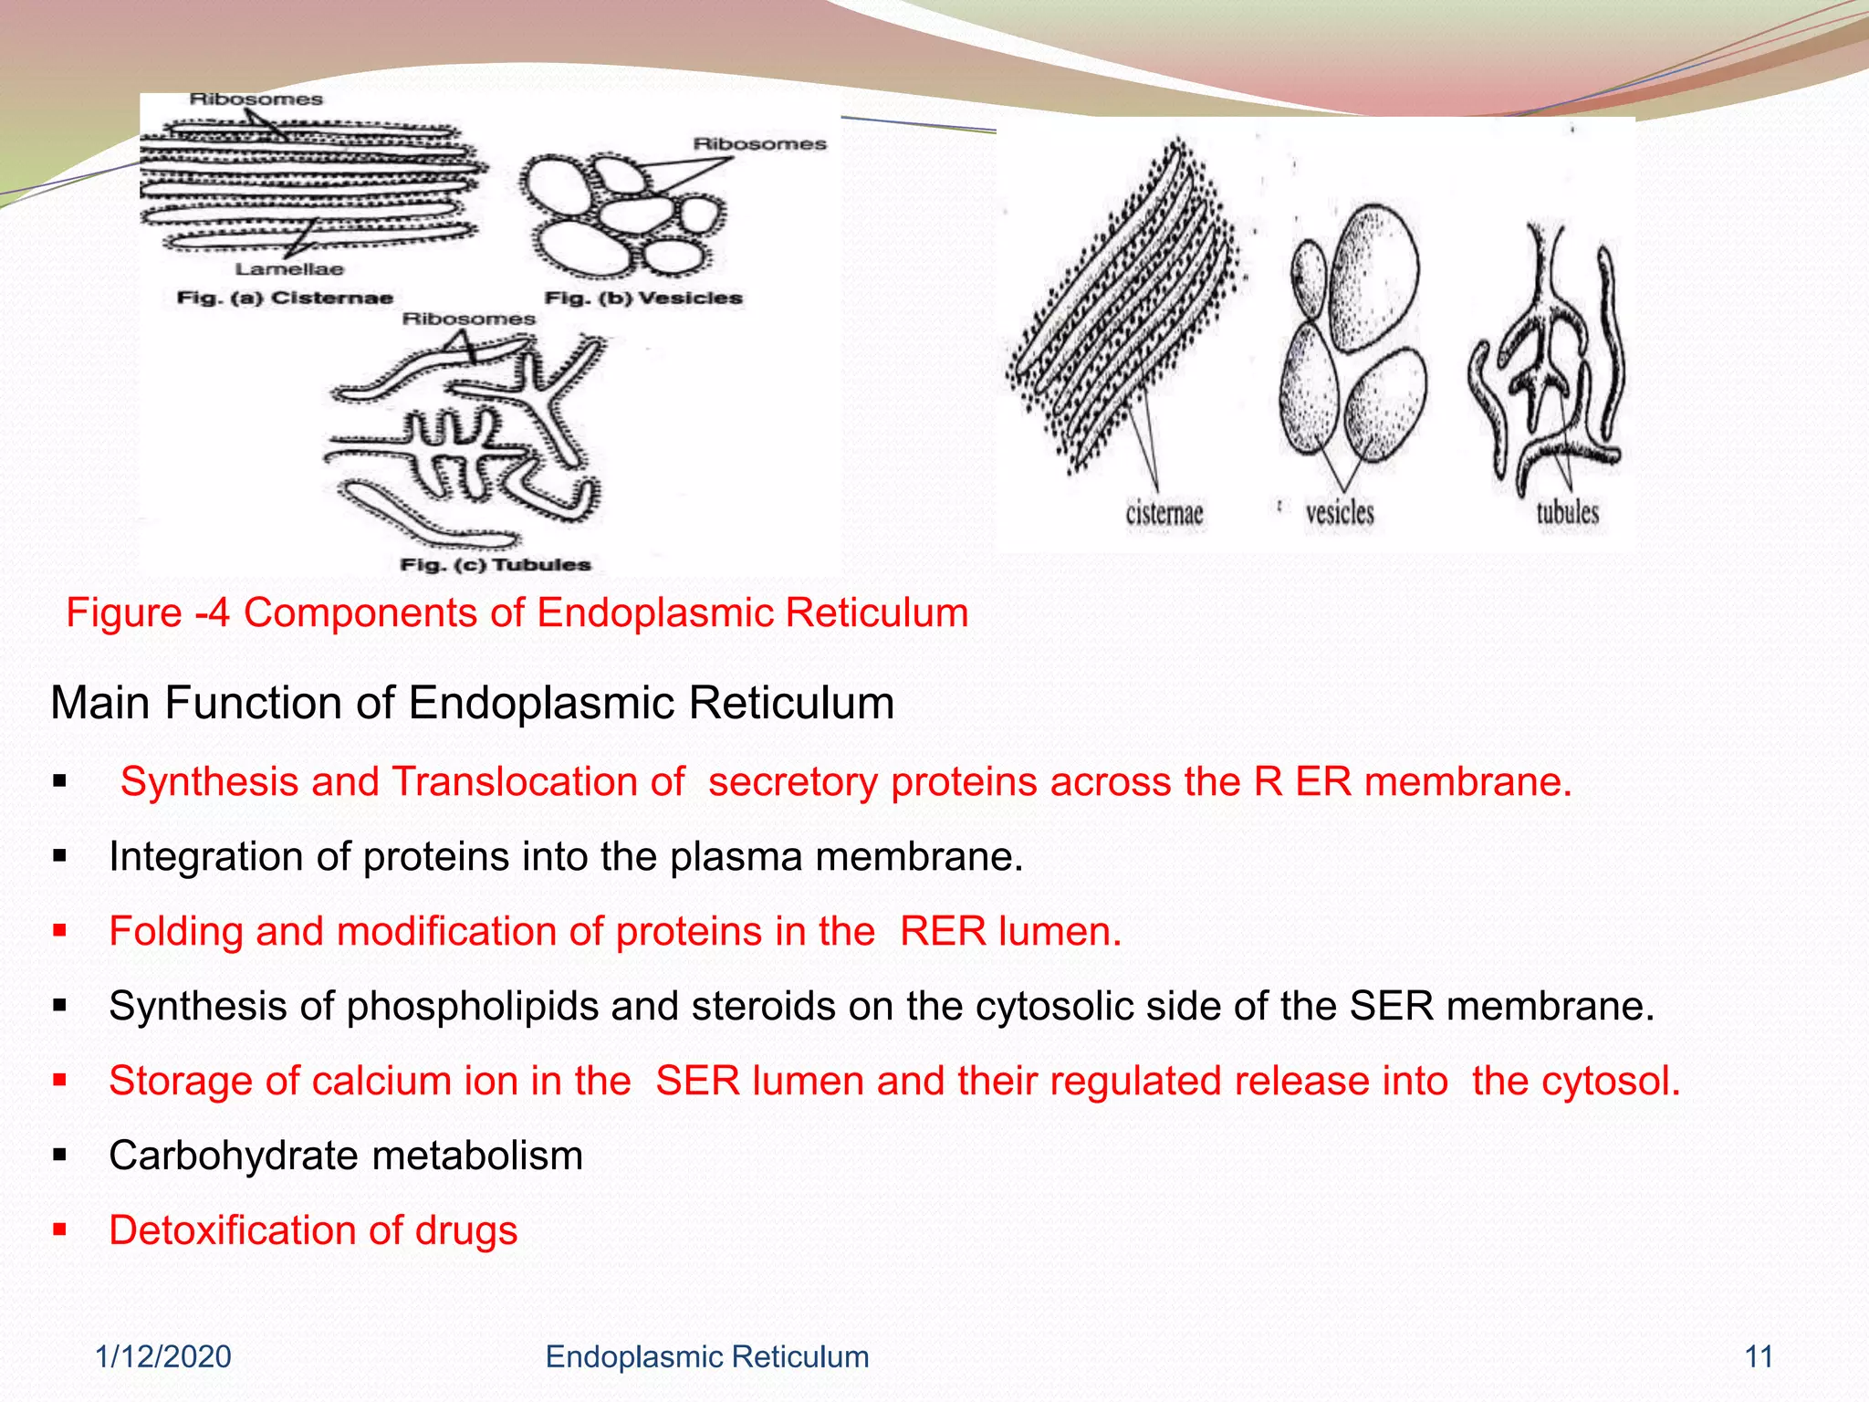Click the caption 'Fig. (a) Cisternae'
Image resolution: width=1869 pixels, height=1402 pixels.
click(284, 298)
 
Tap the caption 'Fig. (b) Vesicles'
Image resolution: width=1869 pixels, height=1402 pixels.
click(643, 298)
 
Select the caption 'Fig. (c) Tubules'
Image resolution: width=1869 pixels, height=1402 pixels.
click(496, 565)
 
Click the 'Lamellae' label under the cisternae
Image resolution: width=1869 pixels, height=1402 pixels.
click(289, 269)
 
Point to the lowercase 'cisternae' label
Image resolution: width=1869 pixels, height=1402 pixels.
click(1164, 513)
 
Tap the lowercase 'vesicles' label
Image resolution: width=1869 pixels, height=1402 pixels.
click(1339, 513)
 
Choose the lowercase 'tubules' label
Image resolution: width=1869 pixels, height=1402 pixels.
click(1567, 513)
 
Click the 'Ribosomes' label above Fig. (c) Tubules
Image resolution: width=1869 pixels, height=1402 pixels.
click(468, 319)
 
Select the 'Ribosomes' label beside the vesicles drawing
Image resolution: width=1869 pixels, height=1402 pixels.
click(759, 144)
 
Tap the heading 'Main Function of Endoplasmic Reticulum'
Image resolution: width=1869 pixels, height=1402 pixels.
click(472, 703)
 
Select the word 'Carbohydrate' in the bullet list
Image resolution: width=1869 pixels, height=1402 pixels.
click(227, 1156)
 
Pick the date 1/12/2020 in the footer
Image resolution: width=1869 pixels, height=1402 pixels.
click(163, 1356)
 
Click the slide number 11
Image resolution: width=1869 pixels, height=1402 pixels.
click(1759, 1356)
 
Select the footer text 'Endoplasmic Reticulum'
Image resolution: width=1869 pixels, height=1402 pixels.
click(706, 1356)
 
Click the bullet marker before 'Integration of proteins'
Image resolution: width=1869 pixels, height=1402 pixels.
click(60, 856)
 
